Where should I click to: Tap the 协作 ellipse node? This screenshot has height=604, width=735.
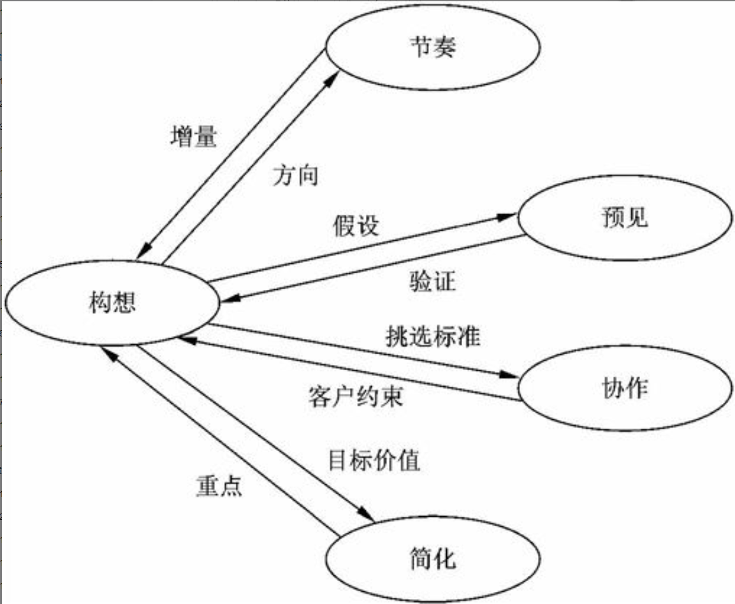pyautogui.click(x=625, y=387)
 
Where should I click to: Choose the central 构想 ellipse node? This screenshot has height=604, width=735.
pyautogui.click(x=112, y=301)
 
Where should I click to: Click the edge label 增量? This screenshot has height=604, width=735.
pyautogui.click(x=194, y=137)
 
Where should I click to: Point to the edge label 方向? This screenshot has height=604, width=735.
pyautogui.click(x=295, y=175)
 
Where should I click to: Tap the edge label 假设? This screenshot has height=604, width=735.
pyautogui.click(x=356, y=226)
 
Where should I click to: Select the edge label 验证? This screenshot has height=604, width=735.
pyautogui.click(x=433, y=280)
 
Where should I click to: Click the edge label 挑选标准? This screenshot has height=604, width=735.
pyautogui.click(x=433, y=336)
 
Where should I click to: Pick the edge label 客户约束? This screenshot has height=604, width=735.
pyautogui.click(x=355, y=397)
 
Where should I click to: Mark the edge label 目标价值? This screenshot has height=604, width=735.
pyautogui.click(x=374, y=460)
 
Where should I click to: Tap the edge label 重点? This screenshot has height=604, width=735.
pyautogui.click(x=218, y=486)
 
